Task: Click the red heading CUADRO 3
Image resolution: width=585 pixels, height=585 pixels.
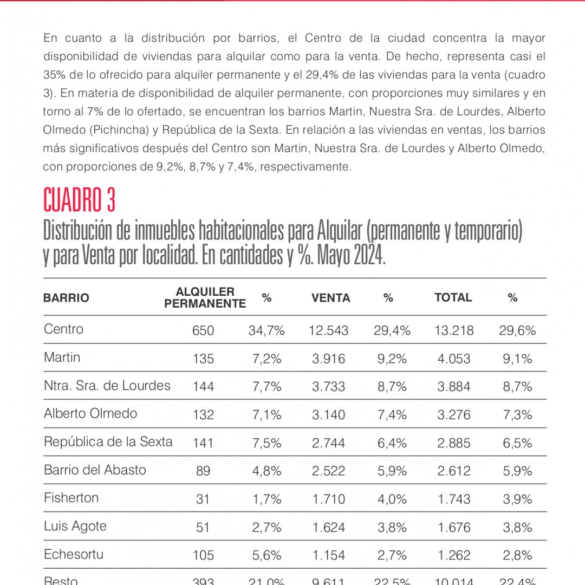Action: pos(79,200)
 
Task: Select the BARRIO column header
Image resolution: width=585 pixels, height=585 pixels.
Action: pos(66,298)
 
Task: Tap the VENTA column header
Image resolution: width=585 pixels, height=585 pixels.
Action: pos(330,298)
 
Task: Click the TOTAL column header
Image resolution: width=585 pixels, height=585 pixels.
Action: pos(453,297)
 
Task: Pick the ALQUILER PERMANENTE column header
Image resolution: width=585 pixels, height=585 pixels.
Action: pos(205,298)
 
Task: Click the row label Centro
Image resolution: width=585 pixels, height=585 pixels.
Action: pos(63,329)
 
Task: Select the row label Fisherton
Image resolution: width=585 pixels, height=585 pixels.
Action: pos(71,498)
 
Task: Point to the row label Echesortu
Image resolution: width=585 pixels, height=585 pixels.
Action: pos(74,554)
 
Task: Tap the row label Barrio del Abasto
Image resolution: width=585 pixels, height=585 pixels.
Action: pos(95,470)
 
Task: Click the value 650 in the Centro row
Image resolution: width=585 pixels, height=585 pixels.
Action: pos(203,330)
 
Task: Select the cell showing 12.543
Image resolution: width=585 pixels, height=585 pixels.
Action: pos(328,330)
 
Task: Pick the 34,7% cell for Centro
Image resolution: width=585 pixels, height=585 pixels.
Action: pos(266,330)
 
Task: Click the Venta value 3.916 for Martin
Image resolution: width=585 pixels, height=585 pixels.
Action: pos(328,359)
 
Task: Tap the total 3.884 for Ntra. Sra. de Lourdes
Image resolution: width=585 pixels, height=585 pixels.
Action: pos(454,387)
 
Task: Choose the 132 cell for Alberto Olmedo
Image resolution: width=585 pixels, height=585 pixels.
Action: pos(203,415)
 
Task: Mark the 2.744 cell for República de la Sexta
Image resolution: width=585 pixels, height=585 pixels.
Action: pos(328,443)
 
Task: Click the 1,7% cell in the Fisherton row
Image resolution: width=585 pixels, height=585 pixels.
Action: pos(266,499)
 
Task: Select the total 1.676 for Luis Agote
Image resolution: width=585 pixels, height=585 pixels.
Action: pos(454,528)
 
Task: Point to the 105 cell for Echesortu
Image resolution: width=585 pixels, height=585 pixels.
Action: pos(203,556)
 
